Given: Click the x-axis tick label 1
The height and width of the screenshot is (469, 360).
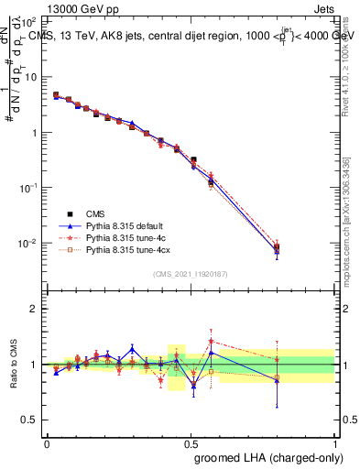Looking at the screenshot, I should (335, 442).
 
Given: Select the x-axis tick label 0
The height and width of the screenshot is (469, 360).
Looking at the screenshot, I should (47, 442).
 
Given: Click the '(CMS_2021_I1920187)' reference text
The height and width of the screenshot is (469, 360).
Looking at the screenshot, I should (191, 274).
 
